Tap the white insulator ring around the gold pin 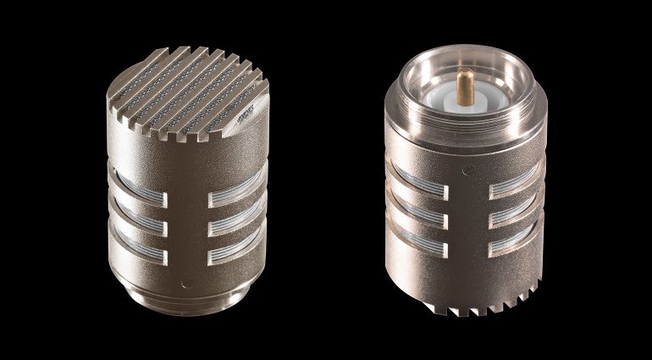[x=464, y=107]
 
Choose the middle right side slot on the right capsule [x=514, y=213]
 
